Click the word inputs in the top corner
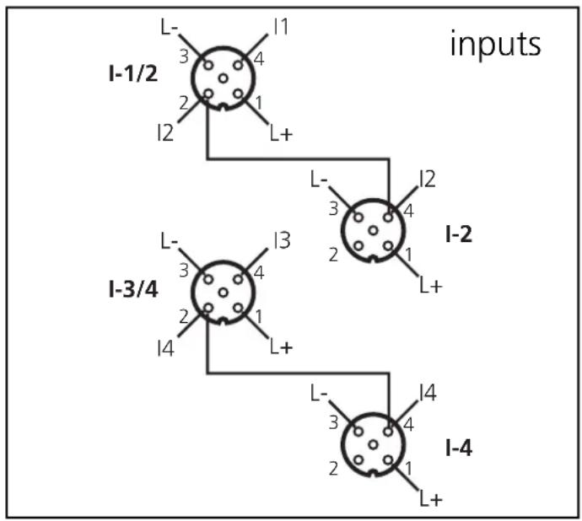pos(494,44)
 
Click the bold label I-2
pos(458,234)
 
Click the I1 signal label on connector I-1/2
pos(281,27)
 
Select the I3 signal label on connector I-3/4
pos(281,242)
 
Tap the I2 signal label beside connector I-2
pos(428,179)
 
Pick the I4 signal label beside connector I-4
pos(428,393)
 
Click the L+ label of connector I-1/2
pos(281,132)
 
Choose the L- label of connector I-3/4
pos(169,242)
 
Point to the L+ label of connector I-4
pos(430,499)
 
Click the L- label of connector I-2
pos(319,179)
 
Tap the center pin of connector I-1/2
pos(223,78)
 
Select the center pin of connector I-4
pos(373,443)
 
